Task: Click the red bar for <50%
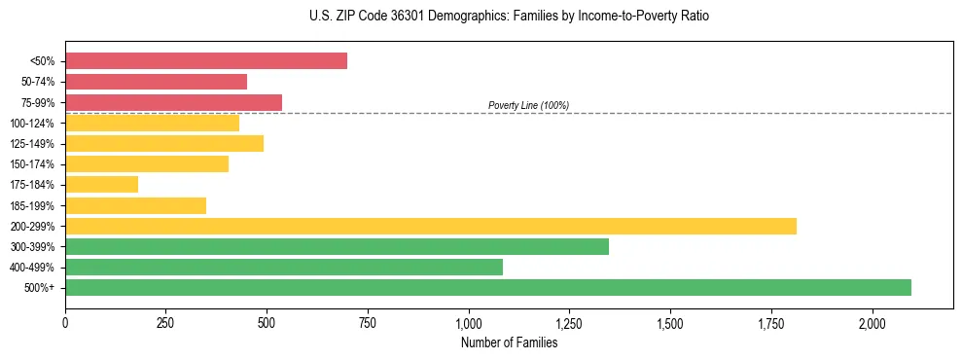(206, 61)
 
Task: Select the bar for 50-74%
(156, 82)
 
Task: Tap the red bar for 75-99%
(173, 102)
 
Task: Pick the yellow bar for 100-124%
(152, 123)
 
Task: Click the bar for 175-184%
(101, 184)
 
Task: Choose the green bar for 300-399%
(337, 246)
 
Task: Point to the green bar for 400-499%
(284, 267)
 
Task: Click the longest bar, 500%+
(488, 287)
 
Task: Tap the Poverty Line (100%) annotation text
(528, 105)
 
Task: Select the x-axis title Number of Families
(509, 342)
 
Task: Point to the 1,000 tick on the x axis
(469, 323)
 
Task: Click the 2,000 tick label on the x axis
(873, 323)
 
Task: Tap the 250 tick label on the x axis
(166, 323)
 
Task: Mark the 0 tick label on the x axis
(65, 323)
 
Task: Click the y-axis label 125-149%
(33, 144)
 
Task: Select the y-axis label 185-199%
(33, 205)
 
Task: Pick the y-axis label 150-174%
(33, 164)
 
